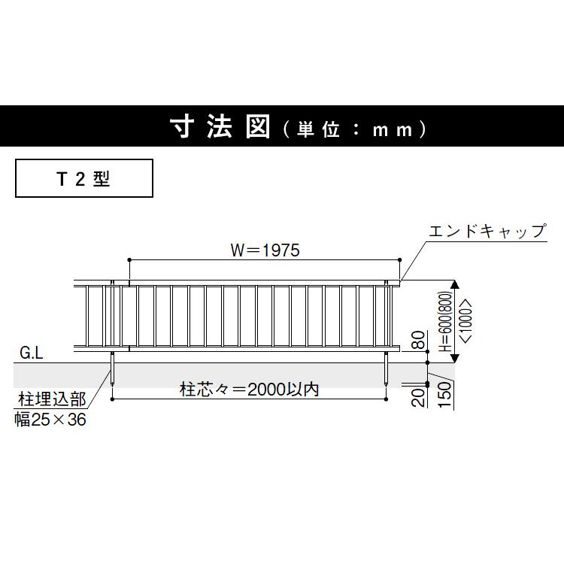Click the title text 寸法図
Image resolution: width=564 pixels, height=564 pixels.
tap(219, 129)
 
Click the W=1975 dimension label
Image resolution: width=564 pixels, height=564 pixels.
tap(263, 250)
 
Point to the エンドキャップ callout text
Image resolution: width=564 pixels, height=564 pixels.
tap(487, 231)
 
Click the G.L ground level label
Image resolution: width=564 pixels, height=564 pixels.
tap(31, 352)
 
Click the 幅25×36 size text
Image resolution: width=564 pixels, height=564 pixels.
tap(50, 420)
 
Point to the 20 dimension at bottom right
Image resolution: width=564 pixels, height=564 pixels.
tap(419, 396)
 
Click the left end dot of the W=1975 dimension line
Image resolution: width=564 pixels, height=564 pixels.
tap(130, 259)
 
